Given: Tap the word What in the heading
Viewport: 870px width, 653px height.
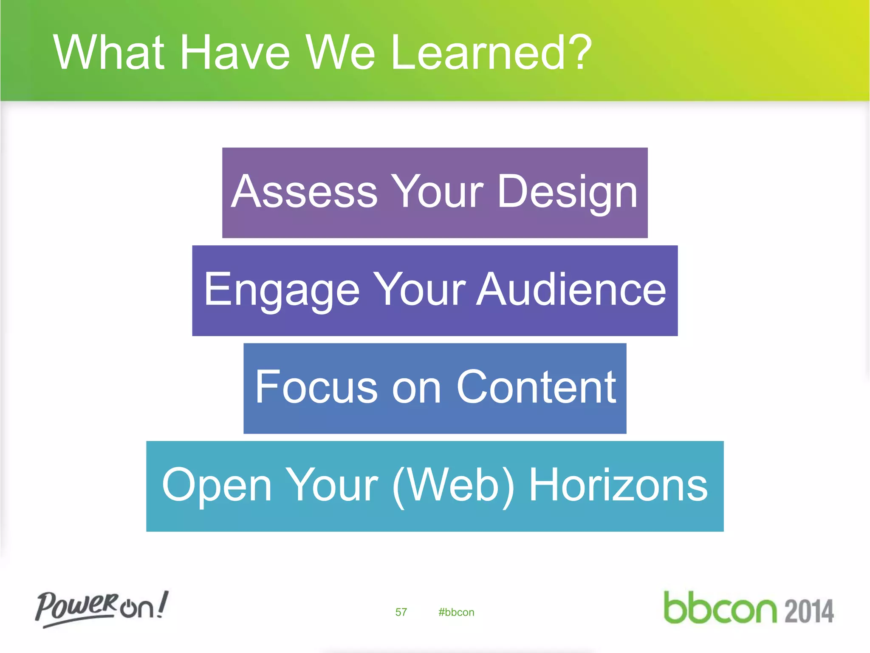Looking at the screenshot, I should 109,53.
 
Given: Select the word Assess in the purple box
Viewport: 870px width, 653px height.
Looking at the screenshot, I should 304,192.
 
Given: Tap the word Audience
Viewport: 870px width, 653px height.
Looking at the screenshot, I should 571,290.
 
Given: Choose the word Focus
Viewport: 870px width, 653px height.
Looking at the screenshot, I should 316,387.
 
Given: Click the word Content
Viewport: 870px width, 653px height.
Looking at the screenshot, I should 536,387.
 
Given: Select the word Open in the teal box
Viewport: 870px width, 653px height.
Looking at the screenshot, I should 217,485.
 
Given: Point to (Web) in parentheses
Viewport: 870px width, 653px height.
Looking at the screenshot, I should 453,485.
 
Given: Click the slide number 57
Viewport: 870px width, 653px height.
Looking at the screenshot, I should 401,612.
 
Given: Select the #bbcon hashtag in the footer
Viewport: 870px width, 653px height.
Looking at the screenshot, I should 456,612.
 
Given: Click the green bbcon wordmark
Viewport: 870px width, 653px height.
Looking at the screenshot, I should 720,608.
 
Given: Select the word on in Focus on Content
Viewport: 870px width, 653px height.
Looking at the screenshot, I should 416,388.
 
